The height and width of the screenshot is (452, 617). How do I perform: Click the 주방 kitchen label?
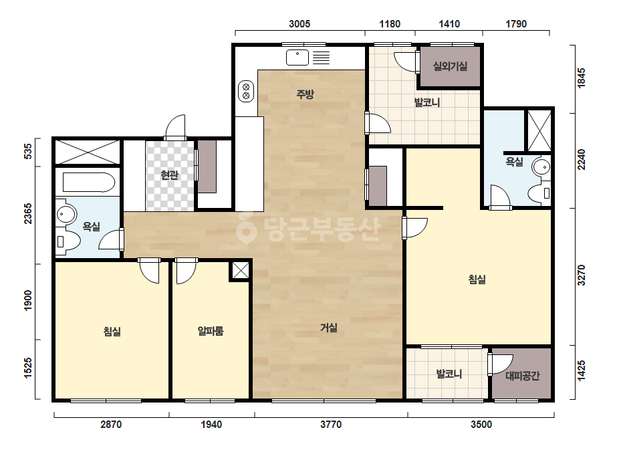pyautogui.click(x=305, y=94)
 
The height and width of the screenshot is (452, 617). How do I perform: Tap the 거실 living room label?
pyautogui.click(x=329, y=328)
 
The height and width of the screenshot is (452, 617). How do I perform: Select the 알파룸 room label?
pyautogui.click(x=211, y=331)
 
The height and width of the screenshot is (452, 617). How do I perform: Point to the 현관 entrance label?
pyautogui.click(x=170, y=175)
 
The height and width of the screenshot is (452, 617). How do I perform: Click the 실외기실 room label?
pyautogui.click(x=450, y=66)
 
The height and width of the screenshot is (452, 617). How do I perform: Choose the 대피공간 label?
pyautogui.click(x=522, y=376)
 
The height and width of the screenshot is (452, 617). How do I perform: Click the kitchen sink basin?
pyautogui.click(x=297, y=58)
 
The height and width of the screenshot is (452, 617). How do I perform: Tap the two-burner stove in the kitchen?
pyautogui.click(x=246, y=91)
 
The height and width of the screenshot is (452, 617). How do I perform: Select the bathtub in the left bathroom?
pyautogui.click(x=89, y=183)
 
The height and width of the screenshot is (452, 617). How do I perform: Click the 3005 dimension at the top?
pyautogui.click(x=299, y=24)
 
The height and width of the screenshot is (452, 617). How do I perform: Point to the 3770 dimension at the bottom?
pyautogui.click(x=331, y=425)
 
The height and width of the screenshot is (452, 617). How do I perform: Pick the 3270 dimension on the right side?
pyautogui.click(x=581, y=275)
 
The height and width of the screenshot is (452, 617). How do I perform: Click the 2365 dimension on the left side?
pyautogui.click(x=28, y=213)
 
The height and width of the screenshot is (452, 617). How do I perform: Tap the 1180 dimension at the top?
pyautogui.click(x=390, y=24)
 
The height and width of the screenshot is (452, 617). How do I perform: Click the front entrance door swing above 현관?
pyautogui.click(x=175, y=127)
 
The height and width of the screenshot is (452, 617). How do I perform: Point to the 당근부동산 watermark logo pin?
pyautogui.click(x=246, y=227)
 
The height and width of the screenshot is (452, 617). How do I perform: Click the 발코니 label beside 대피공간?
pyautogui.click(x=449, y=374)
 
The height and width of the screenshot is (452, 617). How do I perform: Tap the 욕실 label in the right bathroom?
pyautogui.click(x=514, y=162)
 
